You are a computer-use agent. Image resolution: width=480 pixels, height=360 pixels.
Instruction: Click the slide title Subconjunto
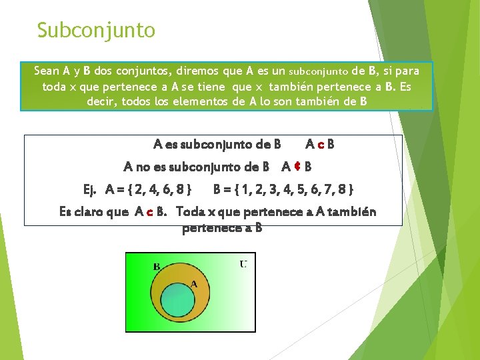tap(96, 31)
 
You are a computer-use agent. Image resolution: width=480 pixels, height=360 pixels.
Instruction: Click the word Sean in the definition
tap(47, 71)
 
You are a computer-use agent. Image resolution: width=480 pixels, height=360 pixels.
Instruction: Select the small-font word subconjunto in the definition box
tap(319, 71)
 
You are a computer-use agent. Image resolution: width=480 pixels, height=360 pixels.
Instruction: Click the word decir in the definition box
tap(102, 102)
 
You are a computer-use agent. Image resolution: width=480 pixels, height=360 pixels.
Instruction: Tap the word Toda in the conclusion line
tap(193, 212)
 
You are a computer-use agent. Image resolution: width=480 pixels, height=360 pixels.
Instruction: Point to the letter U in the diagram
tap(243, 265)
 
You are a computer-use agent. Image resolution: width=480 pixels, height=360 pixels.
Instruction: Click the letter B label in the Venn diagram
tap(157, 267)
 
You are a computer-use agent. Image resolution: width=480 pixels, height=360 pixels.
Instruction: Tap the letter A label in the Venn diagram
tap(194, 283)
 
